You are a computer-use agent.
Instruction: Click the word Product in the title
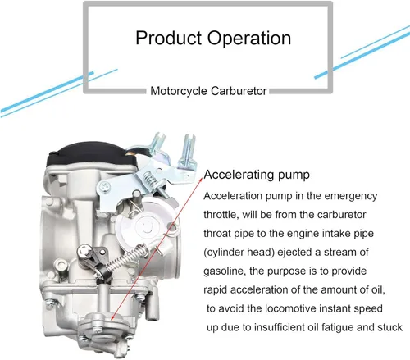(169, 38)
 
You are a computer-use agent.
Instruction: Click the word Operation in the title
(249, 39)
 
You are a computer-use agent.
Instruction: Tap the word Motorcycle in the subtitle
(179, 91)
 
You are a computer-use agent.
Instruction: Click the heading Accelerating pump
(257, 175)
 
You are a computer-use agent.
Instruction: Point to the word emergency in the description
(351, 197)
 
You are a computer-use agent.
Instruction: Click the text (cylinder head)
(239, 253)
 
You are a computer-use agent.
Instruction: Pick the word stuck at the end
(390, 327)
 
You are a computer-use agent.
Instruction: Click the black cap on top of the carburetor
(92, 155)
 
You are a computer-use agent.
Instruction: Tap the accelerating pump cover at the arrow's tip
(104, 326)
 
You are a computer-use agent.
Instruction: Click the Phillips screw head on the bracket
(105, 187)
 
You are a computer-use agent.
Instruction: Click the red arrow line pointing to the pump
(157, 249)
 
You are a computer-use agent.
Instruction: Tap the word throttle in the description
(220, 215)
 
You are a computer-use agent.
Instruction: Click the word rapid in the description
(216, 290)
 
